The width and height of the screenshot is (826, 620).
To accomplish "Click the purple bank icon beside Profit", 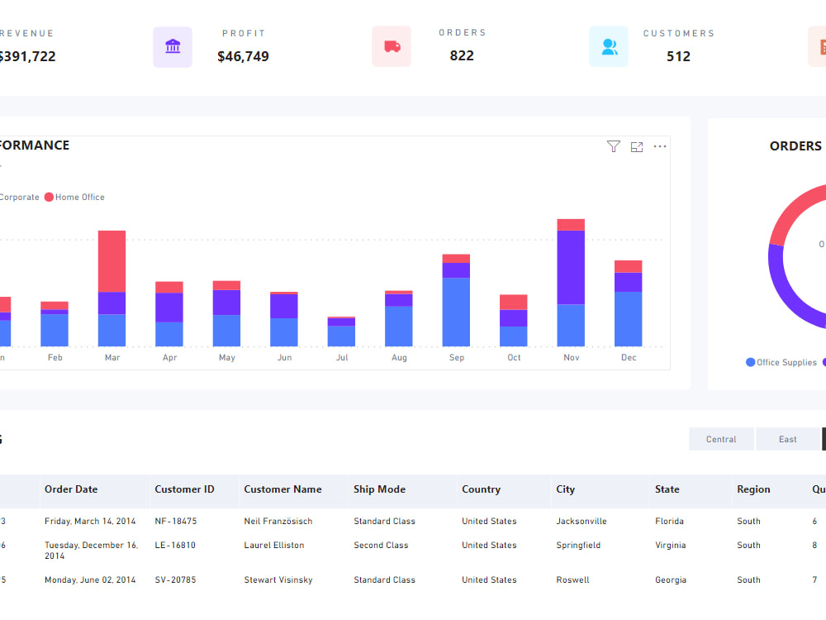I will (x=173, y=46).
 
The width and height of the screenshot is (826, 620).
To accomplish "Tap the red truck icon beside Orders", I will (x=392, y=46).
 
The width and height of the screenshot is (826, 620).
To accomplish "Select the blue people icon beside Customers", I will (x=609, y=46).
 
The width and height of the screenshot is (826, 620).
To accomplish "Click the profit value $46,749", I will (x=243, y=57).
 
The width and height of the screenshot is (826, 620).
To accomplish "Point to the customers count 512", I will (x=678, y=57).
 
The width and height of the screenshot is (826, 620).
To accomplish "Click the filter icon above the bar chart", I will (x=613, y=146).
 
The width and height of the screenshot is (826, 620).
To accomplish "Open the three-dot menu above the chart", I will (x=660, y=146).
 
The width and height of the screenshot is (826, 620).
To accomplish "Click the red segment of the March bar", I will (x=112, y=260).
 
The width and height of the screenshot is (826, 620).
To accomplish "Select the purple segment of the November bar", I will (x=571, y=267).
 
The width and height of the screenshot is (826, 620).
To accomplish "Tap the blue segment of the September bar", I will (x=456, y=312).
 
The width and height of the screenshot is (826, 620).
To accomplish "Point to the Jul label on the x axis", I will (x=342, y=358).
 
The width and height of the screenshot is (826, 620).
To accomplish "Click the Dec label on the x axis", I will (x=629, y=358).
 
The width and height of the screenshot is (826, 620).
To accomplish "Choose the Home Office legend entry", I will (x=75, y=198).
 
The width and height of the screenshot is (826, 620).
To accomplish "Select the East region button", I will (x=787, y=439).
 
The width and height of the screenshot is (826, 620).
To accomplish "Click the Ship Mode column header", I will (x=379, y=489).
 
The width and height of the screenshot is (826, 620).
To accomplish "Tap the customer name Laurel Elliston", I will (x=273, y=546).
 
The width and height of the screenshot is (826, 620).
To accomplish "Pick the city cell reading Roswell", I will (x=572, y=580).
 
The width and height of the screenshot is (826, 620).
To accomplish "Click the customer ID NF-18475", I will (x=175, y=522).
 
